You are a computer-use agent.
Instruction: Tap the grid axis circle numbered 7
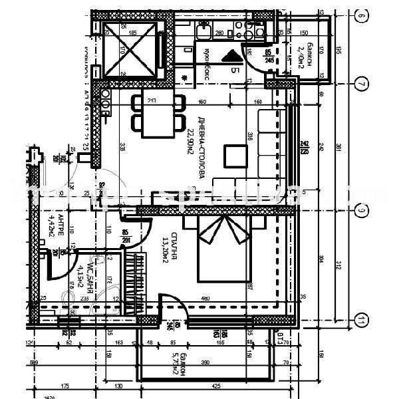(360, 84)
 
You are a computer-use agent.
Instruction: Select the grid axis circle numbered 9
(360, 211)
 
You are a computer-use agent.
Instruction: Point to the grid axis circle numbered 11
(360, 321)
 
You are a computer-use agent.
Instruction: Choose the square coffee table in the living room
(235, 156)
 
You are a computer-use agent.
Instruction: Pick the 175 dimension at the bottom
(65, 386)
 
